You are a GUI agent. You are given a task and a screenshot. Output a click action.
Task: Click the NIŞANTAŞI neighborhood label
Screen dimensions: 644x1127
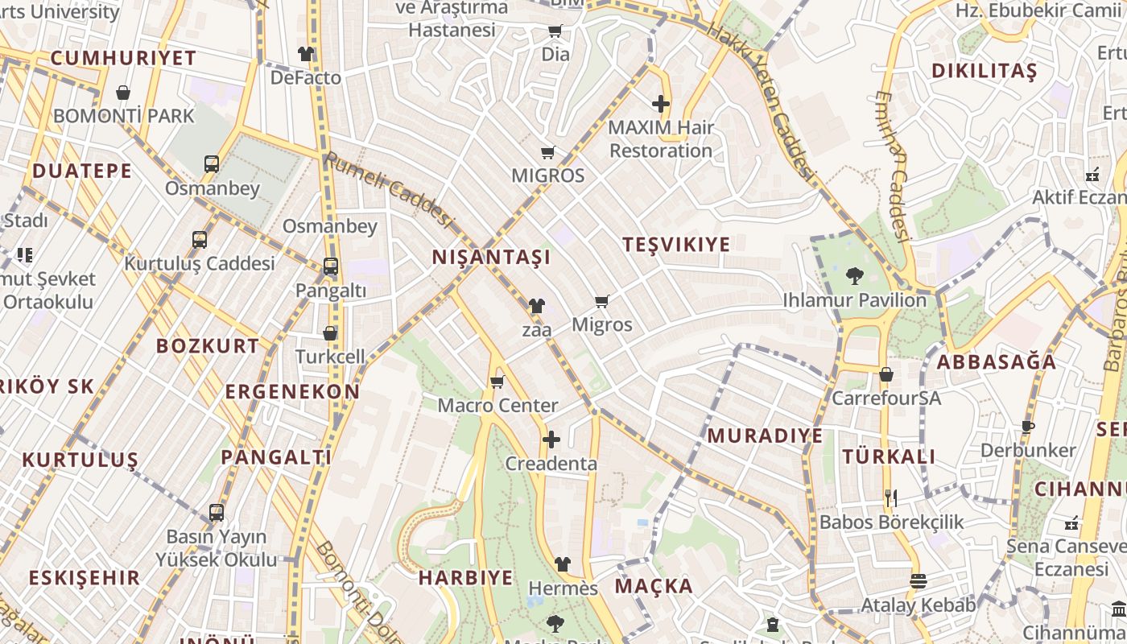tap(491, 258)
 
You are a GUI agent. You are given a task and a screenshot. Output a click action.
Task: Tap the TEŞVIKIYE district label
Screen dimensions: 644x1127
tap(676, 245)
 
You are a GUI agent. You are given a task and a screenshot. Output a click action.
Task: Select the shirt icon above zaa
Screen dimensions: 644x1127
tap(537, 306)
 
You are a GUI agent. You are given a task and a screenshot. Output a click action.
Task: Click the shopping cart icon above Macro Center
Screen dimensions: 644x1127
tap(497, 382)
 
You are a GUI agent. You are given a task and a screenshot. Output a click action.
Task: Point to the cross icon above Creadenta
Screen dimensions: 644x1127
tap(551, 440)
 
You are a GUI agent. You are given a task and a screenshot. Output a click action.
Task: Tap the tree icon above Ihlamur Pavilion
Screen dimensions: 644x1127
tap(855, 276)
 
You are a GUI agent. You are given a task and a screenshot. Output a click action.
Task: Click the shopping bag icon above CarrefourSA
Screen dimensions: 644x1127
tap(886, 374)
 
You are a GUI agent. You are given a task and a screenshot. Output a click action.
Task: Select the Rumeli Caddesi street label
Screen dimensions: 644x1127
tap(390, 190)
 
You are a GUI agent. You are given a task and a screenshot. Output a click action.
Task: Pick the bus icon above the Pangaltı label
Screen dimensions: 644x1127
tap(330, 266)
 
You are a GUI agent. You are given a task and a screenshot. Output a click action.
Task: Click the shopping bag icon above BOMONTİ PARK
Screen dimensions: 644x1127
tap(123, 93)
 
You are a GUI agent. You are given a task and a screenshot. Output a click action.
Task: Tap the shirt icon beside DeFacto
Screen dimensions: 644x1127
tap(306, 54)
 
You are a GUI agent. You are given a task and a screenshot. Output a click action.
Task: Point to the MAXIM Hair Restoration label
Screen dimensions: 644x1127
tap(661, 138)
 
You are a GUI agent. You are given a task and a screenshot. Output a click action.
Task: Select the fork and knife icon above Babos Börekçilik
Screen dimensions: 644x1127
tap(890, 498)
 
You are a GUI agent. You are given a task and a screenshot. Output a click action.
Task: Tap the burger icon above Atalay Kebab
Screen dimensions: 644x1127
tap(918, 580)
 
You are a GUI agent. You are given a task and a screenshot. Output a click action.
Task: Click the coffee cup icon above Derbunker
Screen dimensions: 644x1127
tap(1027, 427)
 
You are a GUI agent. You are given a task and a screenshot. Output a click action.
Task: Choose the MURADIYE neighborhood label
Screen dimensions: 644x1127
tap(765, 436)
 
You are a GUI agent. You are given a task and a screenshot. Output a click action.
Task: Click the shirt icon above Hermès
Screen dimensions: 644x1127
tap(563, 564)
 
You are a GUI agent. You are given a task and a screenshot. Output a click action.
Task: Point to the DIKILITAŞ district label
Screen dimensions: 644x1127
tap(984, 71)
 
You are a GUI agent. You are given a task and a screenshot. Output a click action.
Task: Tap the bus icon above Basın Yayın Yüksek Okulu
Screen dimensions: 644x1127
tap(216, 512)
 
